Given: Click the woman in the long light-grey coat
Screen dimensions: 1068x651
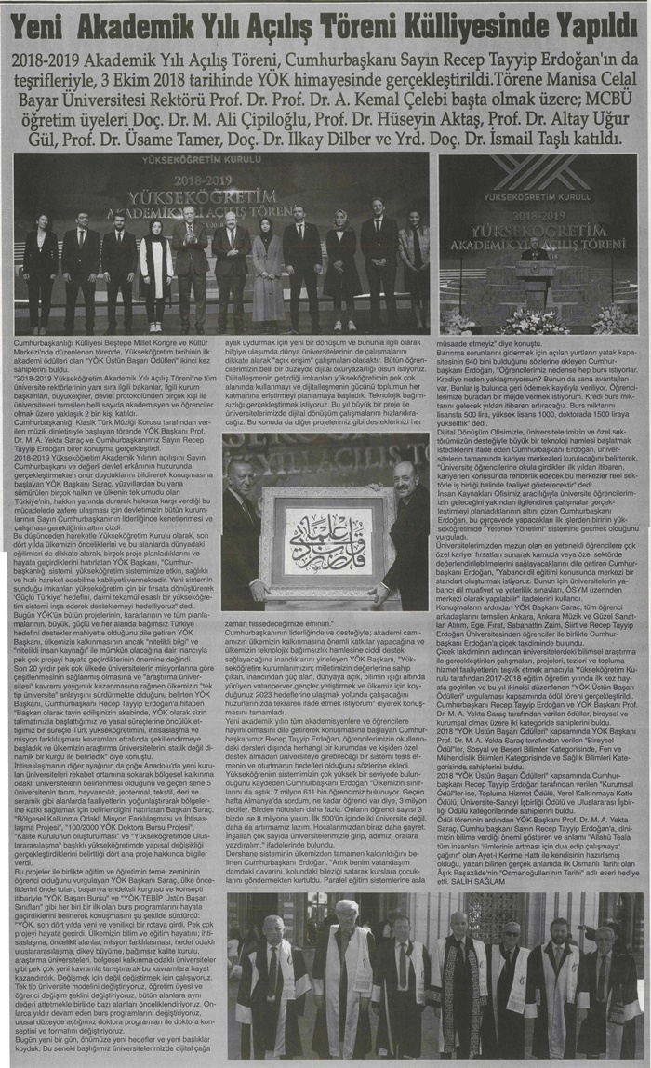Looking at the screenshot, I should click(267, 270).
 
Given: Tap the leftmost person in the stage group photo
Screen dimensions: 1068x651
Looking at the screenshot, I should click(40, 270).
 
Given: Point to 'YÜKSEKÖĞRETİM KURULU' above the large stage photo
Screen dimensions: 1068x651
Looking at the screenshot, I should click(219, 159).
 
